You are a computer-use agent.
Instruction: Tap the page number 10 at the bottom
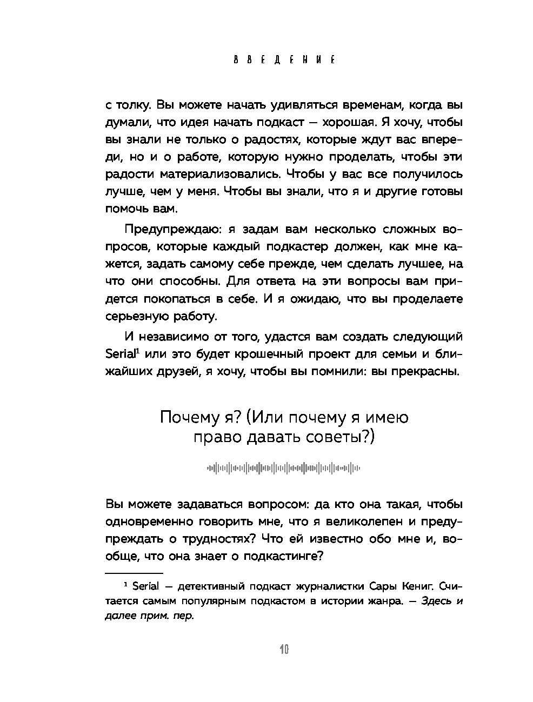pos(284,649)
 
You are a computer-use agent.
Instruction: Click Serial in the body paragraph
pos(119,355)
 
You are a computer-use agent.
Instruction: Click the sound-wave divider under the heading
pos(284,468)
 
